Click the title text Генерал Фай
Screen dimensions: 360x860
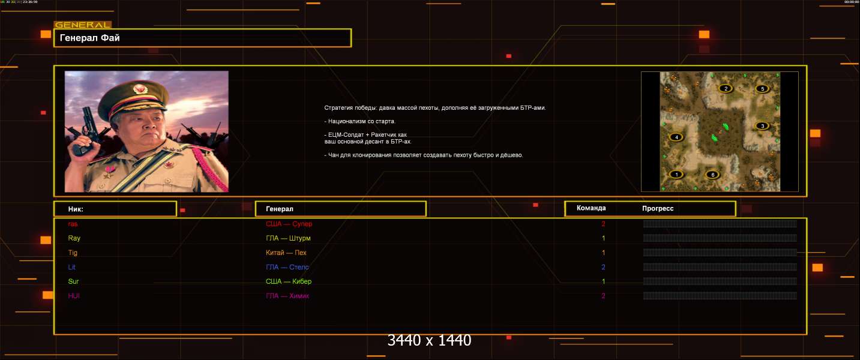click(x=90, y=38)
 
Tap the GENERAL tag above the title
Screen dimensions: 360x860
click(x=82, y=25)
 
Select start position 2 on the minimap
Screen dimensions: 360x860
click(x=726, y=89)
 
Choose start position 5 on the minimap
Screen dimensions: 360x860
click(x=762, y=89)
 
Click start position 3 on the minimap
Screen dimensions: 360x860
click(x=762, y=126)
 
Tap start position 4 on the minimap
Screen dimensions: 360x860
click(x=677, y=137)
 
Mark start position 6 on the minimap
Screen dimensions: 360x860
click(x=712, y=175)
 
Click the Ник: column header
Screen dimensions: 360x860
click(x=76, y=209)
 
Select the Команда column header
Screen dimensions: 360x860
click(x=591, y=208)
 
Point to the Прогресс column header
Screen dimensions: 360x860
click(x=658, y=208)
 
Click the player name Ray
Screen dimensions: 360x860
click(x=74, y=238)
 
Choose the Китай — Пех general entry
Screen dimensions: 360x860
click(x=286, y=253)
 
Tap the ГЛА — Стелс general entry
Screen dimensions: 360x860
click(x=287, y=267)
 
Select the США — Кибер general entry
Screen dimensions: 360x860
click(x=289, y=281)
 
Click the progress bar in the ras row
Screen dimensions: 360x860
click(x=720, y=224)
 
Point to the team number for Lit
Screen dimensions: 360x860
click(x=603, y=267)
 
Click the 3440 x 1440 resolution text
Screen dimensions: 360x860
click(x=429, y=340)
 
